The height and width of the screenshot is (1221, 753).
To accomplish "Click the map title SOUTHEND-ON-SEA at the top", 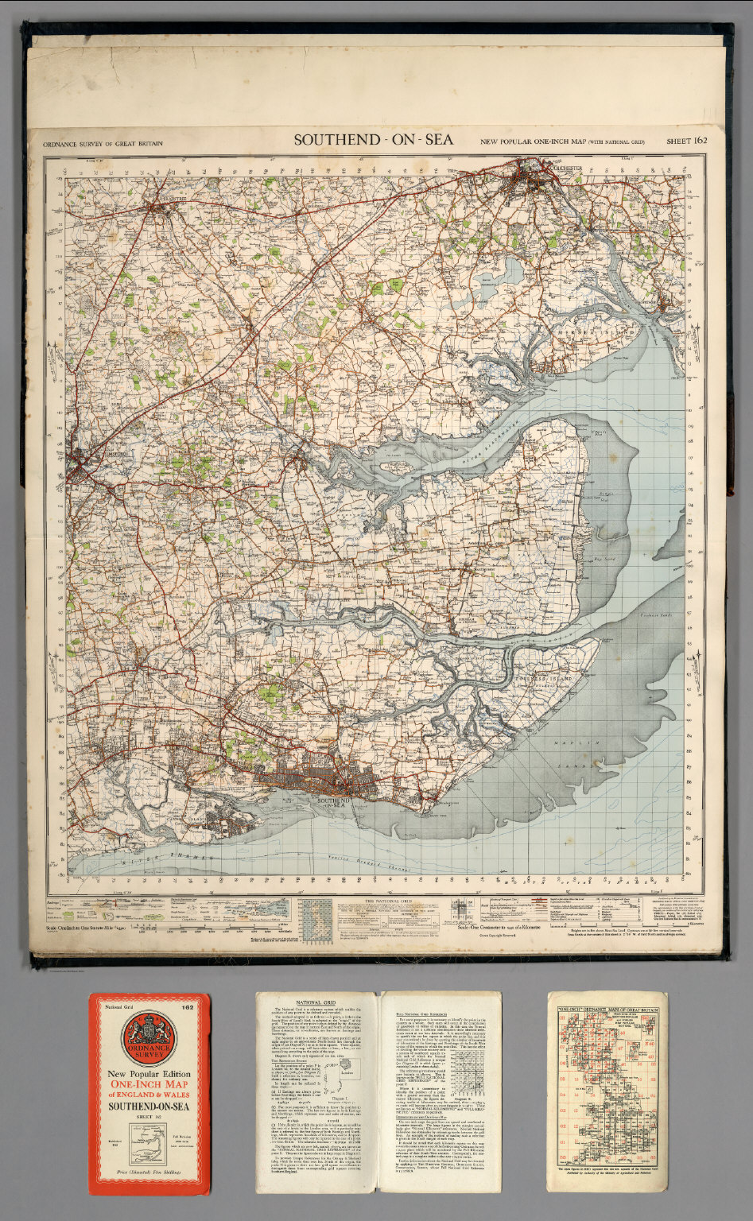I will tap(374, 140).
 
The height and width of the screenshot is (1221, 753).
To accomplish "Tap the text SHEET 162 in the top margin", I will tap(687, 141).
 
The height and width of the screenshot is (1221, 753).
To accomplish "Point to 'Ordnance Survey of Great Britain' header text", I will tap(96, 143).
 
